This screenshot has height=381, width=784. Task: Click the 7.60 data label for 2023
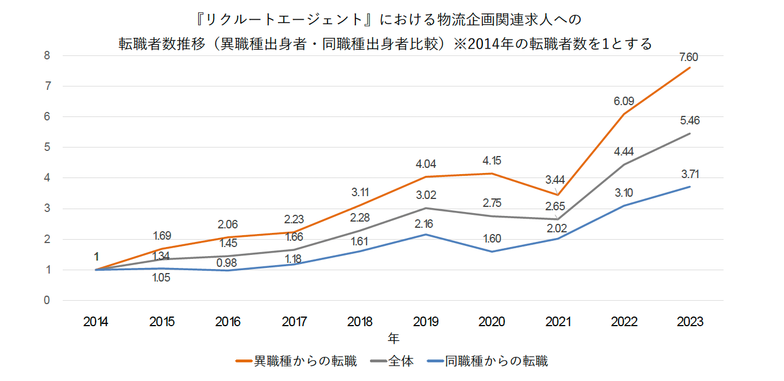[x=689, y=57]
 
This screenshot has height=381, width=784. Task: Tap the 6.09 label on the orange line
[x=624, y=102]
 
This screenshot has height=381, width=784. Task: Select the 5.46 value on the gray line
[x=689, y=121]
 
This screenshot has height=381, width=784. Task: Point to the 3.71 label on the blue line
[x=689, y=174]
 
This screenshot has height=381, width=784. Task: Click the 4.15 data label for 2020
[x=492, y=161]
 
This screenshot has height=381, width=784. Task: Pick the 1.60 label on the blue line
[x=492, y=238]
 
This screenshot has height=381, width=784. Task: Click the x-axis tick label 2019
[x=426, y=322]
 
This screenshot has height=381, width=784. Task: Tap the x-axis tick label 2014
[x=96, y=322]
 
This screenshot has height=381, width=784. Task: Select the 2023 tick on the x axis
[x=689, y=322]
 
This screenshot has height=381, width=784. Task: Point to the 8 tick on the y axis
[x=47, y=56]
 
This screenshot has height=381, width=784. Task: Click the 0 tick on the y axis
[x=47, y=300]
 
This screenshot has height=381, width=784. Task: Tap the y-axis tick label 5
[x=47, y=148]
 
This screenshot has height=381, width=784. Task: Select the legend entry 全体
[x=400, y=361]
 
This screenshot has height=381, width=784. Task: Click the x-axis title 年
[x=393, y=339]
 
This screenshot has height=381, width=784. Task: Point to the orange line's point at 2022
[x=624, y=115]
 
